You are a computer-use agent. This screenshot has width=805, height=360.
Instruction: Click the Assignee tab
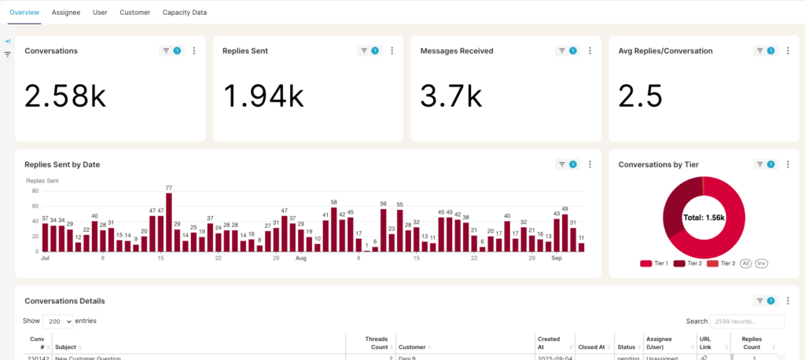pos(66,13)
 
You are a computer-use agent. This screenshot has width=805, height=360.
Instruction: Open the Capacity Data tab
pos(185,13)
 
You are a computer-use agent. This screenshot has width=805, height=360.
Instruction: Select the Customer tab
pos(135,13)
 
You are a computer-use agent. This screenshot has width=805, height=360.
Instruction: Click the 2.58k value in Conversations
pos(64,96)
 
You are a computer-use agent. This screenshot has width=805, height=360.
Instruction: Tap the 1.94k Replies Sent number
pos(263,96)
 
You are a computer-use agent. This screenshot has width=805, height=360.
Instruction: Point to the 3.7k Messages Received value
pos(451,96)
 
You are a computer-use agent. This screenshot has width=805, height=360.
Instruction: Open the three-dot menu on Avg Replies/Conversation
pos(788,51)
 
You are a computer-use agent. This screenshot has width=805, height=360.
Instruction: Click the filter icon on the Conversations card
pos(166,51)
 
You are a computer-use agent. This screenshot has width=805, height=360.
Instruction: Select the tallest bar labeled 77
pos(169,222)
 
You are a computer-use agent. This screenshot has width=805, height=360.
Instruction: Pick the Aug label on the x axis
pos(300,258)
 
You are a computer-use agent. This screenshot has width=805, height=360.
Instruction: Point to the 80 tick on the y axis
pos(35,191)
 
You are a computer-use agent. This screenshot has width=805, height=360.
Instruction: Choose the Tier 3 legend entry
pos(722,263)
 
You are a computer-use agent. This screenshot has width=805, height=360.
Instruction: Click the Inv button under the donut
pos(761,263)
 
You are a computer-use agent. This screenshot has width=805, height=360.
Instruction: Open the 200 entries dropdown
pos(58,321)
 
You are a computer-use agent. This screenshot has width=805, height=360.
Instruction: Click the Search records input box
pos(746,321)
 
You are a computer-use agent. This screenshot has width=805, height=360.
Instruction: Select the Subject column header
pos(67,347)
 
